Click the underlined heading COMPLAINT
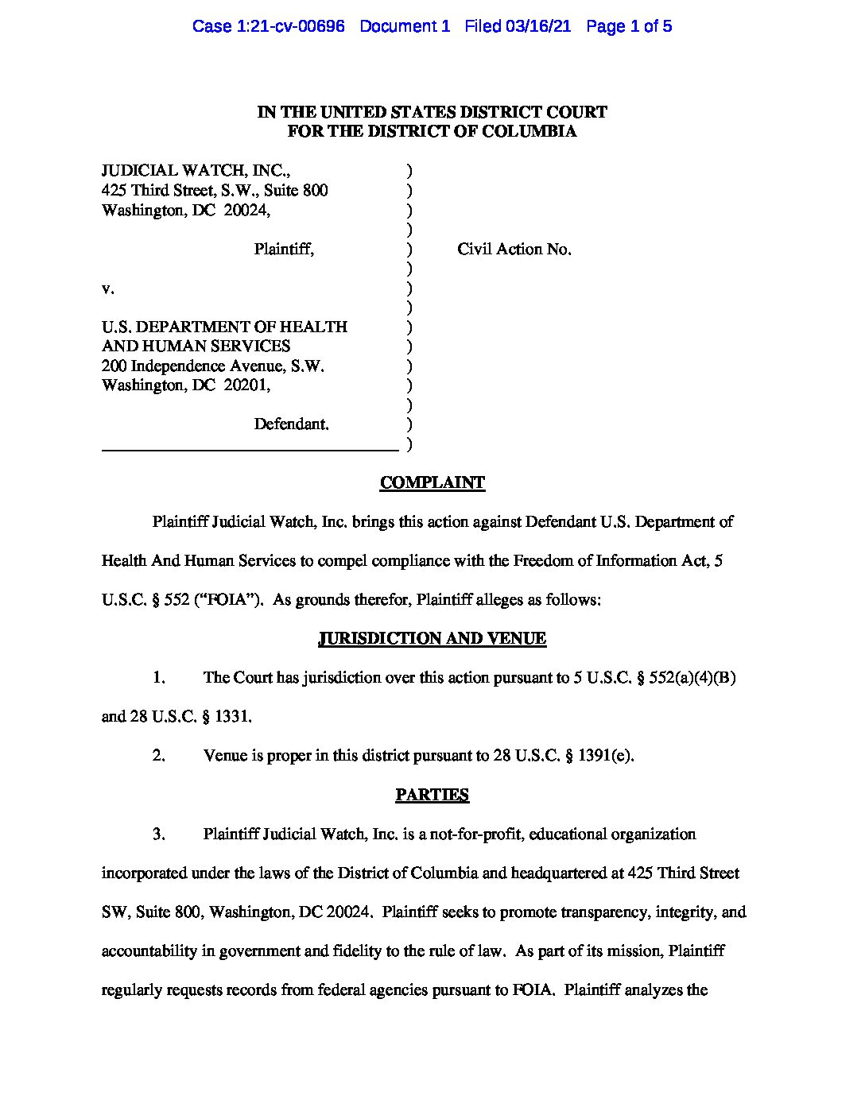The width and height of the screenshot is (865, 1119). point(432,482)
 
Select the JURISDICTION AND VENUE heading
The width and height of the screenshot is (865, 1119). point(432,638)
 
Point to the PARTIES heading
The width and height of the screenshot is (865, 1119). point(432,795)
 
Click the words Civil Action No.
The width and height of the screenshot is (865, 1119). point(514,250)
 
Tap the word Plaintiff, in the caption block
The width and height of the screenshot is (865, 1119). point(284,250)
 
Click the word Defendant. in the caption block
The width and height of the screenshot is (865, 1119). point(291,424)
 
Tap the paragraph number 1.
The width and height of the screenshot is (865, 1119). point(158,678)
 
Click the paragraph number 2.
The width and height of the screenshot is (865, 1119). point(158,756)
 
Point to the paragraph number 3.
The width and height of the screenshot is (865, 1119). point(158,834)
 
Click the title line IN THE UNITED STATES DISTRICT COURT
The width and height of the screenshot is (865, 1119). point(432,112)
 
